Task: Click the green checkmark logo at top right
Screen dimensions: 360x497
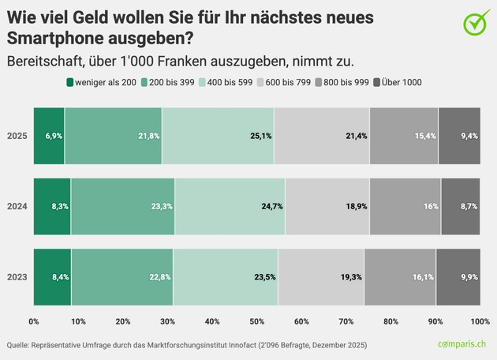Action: point(475,23)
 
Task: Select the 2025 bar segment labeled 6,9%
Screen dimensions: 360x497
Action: point(49,136)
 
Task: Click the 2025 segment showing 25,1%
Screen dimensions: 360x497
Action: point(218,136)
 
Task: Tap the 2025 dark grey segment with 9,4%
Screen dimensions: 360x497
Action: point(458,136)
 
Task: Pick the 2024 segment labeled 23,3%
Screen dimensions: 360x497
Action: point(122,206)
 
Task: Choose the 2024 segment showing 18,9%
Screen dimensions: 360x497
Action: point(327,206)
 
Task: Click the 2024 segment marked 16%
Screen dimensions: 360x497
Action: point(405,206)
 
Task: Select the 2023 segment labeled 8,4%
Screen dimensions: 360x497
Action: point(52,276)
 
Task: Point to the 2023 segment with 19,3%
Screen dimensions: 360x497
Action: point(321,276)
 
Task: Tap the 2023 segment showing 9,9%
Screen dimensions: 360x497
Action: point(458,276)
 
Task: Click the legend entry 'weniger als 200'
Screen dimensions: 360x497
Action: point(102,82)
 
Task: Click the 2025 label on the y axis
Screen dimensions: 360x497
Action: point(17,136)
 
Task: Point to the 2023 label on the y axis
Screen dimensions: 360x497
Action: point(17,276)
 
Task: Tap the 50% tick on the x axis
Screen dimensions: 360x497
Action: point(256,321)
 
